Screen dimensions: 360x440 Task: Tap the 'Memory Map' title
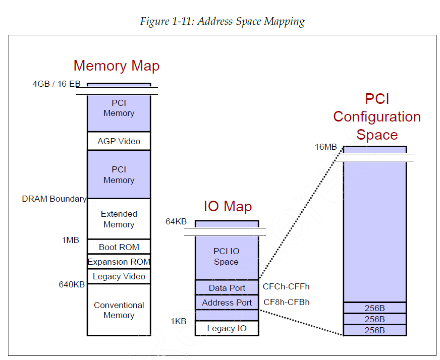(x=117, y=66)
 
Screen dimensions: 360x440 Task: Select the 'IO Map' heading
(x=228, y=206)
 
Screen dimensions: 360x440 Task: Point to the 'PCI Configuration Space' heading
(x=376, y=117)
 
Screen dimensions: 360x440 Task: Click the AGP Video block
(x=119, y=141)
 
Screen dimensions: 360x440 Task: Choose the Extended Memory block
(x=119, y=219)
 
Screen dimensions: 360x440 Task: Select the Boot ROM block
(x=119, y=247)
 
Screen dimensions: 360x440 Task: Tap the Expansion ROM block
(x=119, y=262)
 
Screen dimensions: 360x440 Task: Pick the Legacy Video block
(x=119, y=276)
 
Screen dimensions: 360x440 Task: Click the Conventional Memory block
(x=119, y=310)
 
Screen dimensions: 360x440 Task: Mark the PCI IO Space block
(x=227, y=257)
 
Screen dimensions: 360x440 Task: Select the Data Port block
(x=227, y=288)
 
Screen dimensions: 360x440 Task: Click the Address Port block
(x=227, y=303)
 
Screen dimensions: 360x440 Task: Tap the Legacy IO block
(x=227, y=329)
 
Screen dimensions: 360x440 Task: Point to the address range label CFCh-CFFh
(x=286, y=286)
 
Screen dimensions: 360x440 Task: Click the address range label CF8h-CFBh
(x=286, y=302)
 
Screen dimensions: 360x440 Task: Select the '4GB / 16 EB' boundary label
(x=57, y=84)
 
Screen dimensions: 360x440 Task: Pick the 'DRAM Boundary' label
(x=54, y=199)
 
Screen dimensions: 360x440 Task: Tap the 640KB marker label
(x=72, y=284)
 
